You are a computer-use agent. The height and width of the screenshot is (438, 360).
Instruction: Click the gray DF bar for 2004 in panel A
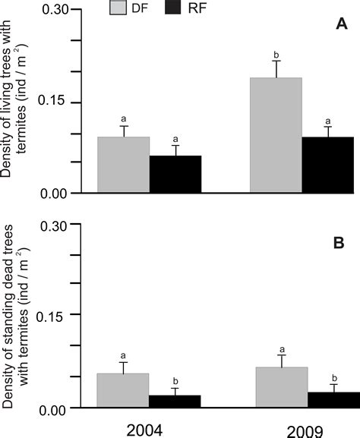(x=123, y=165)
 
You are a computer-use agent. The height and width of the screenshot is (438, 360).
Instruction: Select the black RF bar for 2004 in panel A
(x=175, y=174)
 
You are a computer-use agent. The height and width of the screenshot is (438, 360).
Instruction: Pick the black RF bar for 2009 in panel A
(x=328, y=165)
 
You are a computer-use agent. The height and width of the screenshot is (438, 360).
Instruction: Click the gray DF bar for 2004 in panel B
(x=123, y=390)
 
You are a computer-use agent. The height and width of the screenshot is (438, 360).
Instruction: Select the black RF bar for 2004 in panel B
(x=175, y=401)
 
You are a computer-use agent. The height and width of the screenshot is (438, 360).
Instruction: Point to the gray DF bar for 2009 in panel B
(x=276, y=387)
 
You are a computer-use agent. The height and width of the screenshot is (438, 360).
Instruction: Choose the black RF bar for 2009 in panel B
(x=328, y=399)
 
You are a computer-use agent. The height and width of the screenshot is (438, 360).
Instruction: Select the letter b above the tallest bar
(x=276, y=55)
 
